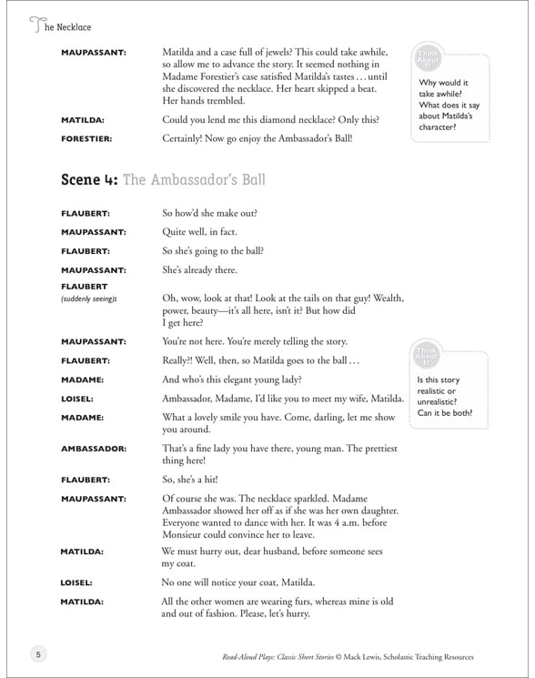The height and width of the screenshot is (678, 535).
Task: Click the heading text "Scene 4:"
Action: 87,177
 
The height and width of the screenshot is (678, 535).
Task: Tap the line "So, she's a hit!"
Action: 194,477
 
